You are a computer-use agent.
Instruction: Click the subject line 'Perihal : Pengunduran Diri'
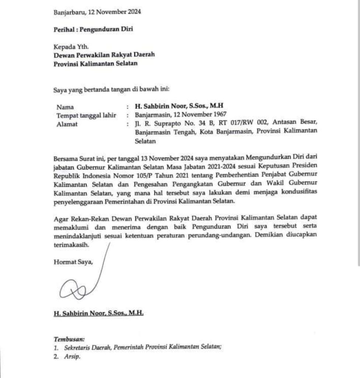tap(93, 30)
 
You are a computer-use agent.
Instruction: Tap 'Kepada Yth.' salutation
tap(69, 47)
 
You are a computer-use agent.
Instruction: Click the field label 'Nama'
tap(65, 107)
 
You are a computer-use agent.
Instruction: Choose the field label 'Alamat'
tap(67, 124)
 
